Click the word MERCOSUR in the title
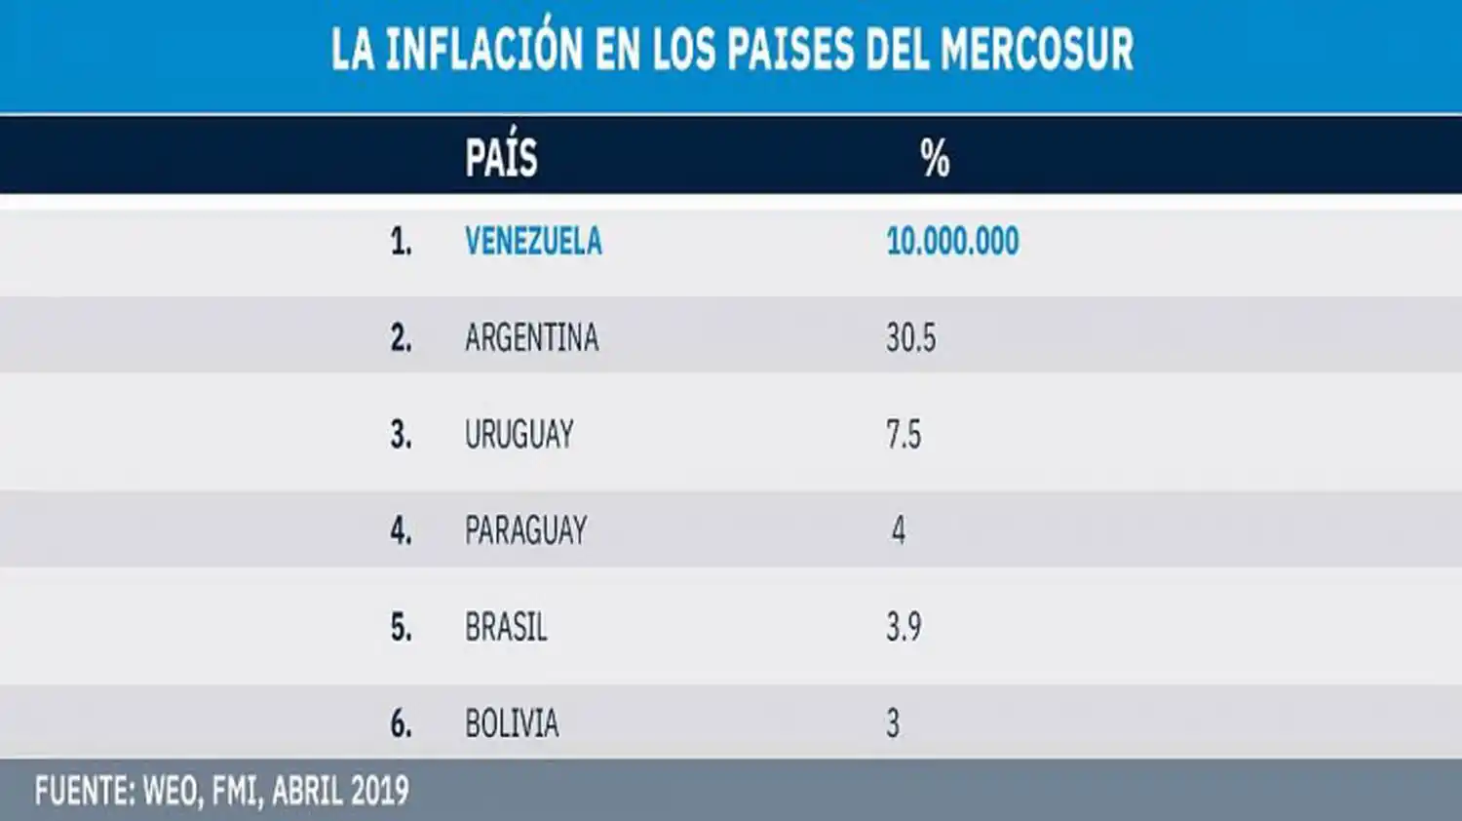1037,49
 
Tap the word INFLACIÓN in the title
483,49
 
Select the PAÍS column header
501,157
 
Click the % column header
935,157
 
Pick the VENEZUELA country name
533,242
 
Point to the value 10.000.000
952,242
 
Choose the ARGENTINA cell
531,338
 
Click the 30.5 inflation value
910,338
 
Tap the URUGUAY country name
519,434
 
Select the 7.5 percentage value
903,434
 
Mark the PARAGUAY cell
525,530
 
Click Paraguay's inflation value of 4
898,530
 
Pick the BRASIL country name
506,627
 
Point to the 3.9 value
903,627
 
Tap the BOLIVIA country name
512,723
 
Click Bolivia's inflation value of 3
893,723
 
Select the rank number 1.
401,242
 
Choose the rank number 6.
401,723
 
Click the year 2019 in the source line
378,791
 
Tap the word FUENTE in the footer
83,791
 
